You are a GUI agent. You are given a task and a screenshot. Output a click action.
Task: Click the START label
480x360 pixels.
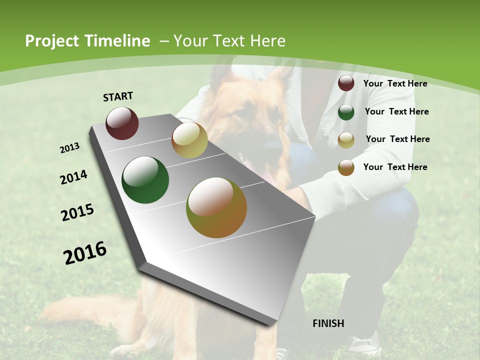click(118, 96)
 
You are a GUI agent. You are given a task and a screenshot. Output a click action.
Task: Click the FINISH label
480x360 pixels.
click(328, 323)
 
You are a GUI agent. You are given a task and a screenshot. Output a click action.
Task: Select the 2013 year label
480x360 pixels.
click(69, 148)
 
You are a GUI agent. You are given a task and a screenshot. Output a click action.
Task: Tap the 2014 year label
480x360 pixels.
click(73, 177)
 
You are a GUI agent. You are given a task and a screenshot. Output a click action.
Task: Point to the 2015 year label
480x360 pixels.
click(77, 212)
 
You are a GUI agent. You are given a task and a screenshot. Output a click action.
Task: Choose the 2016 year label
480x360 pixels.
click(85, 252)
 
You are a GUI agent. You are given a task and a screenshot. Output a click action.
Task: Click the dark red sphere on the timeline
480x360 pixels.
click(122, 123)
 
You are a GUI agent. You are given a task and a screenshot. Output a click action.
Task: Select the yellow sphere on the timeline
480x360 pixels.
click(189, 140)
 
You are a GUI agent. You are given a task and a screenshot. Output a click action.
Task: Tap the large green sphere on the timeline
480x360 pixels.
click(145, 180)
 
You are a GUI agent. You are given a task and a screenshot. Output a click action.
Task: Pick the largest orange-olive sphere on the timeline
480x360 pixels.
click(216, 207)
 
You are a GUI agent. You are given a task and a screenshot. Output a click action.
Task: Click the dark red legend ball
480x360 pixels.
click(346, 83)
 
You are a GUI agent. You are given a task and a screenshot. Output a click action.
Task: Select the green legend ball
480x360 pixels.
click(346, 112)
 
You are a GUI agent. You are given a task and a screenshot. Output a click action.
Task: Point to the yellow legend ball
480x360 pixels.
click(346, 140)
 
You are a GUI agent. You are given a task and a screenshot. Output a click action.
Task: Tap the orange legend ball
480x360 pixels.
click(346, 167)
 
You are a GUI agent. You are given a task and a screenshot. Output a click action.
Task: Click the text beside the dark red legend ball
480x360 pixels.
click(395, 83)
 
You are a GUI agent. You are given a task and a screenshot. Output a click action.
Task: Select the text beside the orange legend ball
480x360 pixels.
click(395, 167)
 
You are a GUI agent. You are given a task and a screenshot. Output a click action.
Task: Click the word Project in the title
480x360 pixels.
click(52, 41)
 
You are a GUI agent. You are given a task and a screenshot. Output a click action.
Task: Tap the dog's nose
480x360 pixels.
click(272, 144)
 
